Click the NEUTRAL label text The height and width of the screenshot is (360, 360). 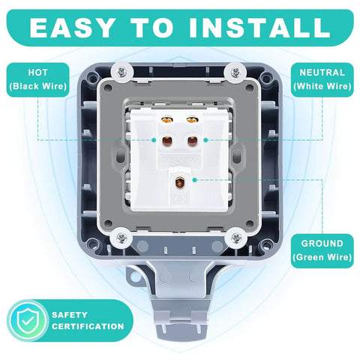322,73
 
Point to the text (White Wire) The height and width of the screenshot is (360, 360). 322,87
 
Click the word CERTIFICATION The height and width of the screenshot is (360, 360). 88,326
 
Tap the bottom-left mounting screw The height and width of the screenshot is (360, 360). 119,238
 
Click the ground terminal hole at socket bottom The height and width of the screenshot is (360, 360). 181,180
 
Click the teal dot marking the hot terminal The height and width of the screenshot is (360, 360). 154,139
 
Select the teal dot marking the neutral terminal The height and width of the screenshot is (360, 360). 204,139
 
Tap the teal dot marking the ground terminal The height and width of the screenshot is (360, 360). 194,180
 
